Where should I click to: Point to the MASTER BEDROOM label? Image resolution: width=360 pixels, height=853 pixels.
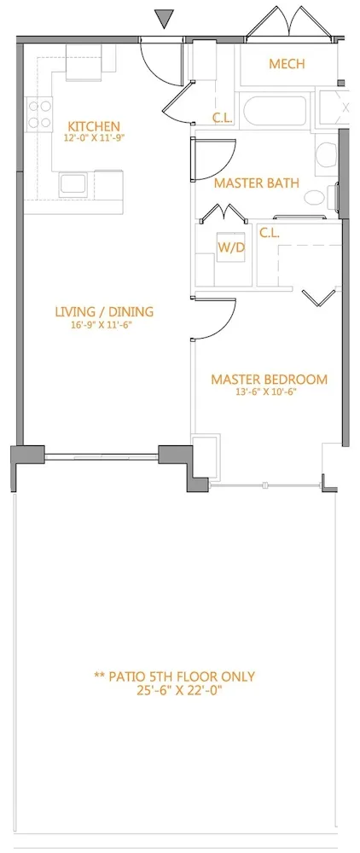coord(269,380)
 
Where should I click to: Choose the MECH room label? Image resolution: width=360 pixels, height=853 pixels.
coord(287,64)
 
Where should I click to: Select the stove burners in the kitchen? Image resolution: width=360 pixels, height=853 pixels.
coord(38,115)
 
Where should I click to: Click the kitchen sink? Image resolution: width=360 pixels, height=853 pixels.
coord(71,183)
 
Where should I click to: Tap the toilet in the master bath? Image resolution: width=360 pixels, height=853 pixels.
coord(324,154)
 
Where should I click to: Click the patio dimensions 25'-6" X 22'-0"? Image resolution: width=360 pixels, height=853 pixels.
coord(174,691)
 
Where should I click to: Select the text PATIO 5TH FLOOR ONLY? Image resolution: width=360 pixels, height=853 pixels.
coord(174,676)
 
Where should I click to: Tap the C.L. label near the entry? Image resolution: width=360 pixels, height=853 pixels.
coord(222,119)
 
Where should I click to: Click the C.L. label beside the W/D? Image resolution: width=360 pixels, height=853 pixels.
coord(270,232)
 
